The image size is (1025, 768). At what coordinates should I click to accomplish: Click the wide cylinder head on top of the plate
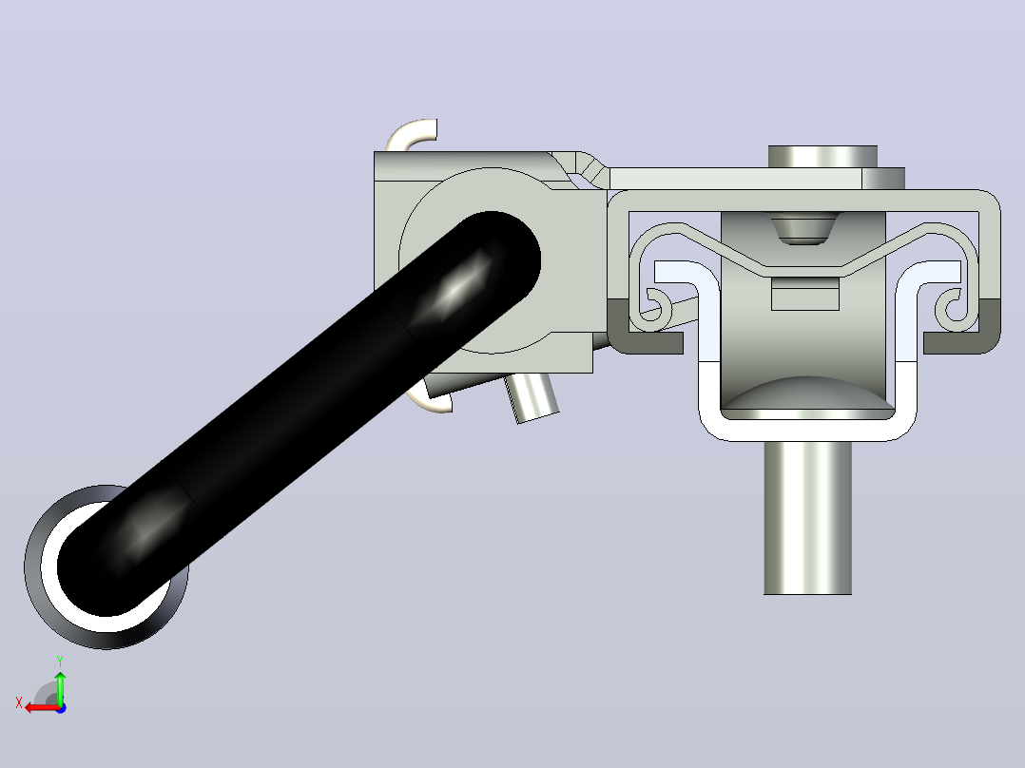(x=822, y=157)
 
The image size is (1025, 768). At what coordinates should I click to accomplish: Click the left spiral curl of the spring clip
(x=658, y=307)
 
